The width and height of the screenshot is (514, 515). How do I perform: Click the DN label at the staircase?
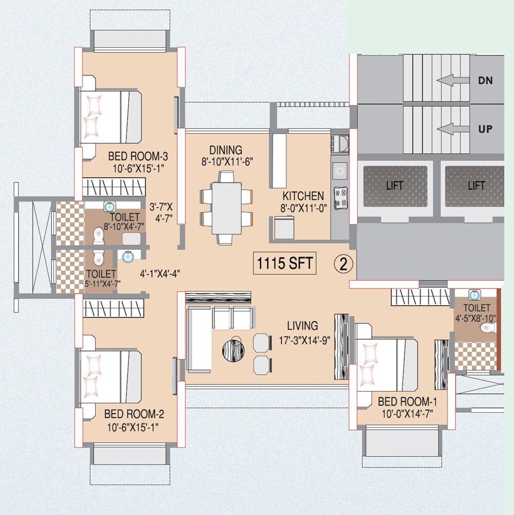click(x=485, y=80)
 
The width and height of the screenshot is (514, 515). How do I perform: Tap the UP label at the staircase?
click(x=485, y=129)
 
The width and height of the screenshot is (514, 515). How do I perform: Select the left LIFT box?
click(x=395, y=186)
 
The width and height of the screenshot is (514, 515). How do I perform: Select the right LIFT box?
click(x=476, y=186)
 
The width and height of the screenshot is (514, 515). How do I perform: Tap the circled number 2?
click(x=343, y=264)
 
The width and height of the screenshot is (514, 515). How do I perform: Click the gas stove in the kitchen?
click(x=340, y=198)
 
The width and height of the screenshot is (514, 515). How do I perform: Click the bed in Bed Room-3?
click(x=111, y=117)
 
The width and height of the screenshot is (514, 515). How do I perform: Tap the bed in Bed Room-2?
click(x=111, y=374)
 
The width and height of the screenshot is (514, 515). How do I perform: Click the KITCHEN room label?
click(x=303, y=196)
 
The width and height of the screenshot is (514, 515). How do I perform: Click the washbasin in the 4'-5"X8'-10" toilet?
click(x=474, y=295)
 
